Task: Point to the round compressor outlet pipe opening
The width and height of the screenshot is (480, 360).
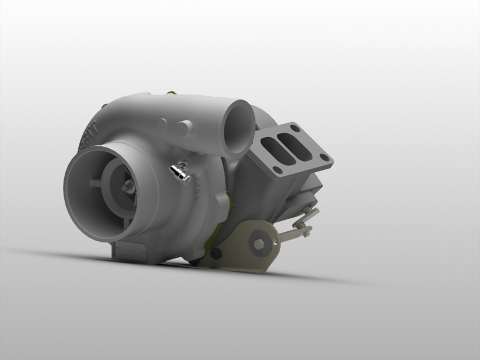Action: point(238,128)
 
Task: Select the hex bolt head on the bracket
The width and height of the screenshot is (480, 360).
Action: point(259,244)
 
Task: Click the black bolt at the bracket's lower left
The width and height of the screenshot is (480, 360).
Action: point(217,254)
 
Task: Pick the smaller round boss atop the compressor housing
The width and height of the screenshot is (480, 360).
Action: point(163,122)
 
